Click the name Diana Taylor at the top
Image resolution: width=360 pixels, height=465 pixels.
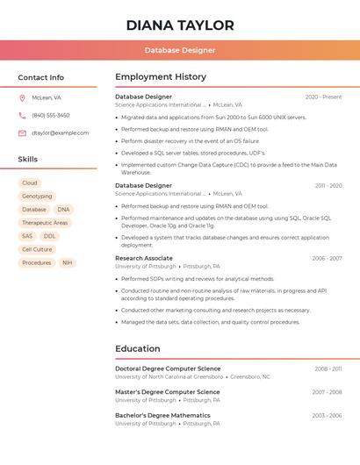pyautogui.click(x=180, y=25)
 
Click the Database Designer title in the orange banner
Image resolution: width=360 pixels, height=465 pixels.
pyautogui.click(x=180, y=50)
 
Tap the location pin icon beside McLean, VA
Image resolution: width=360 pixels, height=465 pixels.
pyautogui.click(x=22, y=97)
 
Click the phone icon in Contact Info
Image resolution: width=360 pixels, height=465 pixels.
pyautogui.click(x=22, y=115)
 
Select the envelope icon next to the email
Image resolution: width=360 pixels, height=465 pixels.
pyautogui.click(x=22, y=133)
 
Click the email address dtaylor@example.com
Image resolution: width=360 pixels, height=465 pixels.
pyautogui.click(x=61, y=133)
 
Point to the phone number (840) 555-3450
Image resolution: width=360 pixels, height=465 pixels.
pyautogui.click(x=51, y=115)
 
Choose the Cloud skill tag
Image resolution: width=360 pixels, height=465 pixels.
pyautogui.click(x=30, y=182)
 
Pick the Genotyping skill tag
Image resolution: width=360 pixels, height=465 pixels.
pyautogui.click(x=37, y=196)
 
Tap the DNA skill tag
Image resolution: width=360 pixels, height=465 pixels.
pyautogui.click(x=63, y=210)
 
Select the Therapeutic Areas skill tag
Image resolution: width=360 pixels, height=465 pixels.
pyautogui.click(x=45, y=223)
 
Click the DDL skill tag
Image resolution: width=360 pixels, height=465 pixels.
pyautogui.click(x=49, y=236)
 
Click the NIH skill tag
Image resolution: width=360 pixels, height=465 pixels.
pyautogui.click(x=67, y=262)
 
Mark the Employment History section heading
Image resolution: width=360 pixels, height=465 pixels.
pyautogui.click(x=161, y=77)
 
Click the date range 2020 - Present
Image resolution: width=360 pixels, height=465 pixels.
pyautogui.click(x=323, y=97)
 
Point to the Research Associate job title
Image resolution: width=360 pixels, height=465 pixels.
pyautogui.click(x=144, y=258)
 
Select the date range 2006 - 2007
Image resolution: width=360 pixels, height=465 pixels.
pyautogui.click(x=327, y=258)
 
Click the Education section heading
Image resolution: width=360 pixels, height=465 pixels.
pyautogui.click(x=138, y=348)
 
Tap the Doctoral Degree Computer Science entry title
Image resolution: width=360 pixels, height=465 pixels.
pyautogui.click(x=168, y=368)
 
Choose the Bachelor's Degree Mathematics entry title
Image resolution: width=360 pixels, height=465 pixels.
pyautogui.click(x=162, y=415)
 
